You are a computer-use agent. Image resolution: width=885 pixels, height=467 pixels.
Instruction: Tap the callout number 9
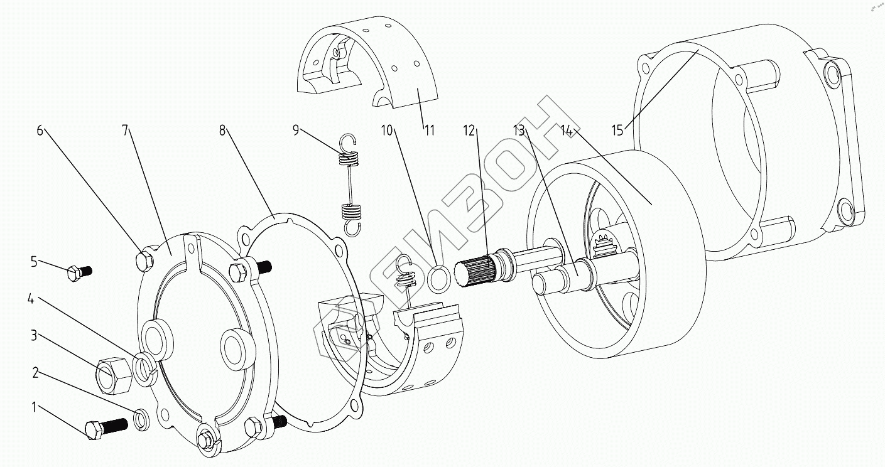(x=296, y=131)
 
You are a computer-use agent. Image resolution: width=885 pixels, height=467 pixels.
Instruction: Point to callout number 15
(x=617, y=131)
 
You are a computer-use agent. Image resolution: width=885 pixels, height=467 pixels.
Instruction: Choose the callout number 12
(x=469, y=131)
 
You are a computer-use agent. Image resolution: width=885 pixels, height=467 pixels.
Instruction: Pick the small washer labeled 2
(x=142, y=420)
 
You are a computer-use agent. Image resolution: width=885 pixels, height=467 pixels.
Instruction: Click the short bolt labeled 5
(x=79, y=272)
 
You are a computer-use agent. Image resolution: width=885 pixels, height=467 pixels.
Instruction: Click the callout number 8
(x=222, y=131)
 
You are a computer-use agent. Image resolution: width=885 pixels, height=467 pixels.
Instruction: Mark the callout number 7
(x=125, y=131)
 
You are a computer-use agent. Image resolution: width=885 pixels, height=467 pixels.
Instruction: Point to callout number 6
(x=40, y=131)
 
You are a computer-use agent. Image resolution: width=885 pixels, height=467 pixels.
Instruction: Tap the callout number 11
(x=430, y=131)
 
